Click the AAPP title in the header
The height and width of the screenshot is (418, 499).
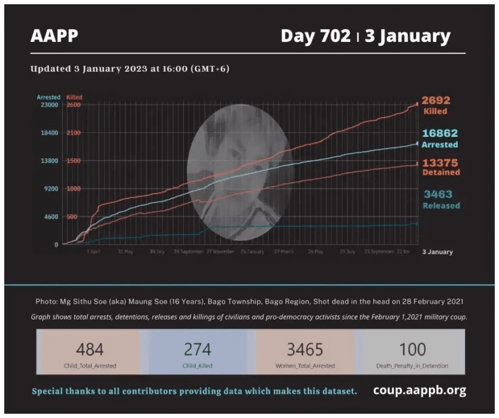54,37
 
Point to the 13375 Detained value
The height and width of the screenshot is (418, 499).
441,163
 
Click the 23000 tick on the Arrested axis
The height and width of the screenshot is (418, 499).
49,105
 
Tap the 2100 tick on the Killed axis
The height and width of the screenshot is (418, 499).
73,133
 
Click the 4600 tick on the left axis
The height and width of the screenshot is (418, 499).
51,217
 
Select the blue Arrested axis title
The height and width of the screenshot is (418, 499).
49,97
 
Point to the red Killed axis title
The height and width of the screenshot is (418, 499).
74,97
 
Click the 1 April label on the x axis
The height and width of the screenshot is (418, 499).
93,251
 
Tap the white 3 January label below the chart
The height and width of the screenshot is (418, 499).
438,252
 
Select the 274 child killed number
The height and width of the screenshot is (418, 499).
198,349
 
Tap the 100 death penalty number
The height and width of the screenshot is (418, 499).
413,349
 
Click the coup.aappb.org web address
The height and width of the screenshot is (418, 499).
419,391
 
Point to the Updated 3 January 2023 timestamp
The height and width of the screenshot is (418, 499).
130,69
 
